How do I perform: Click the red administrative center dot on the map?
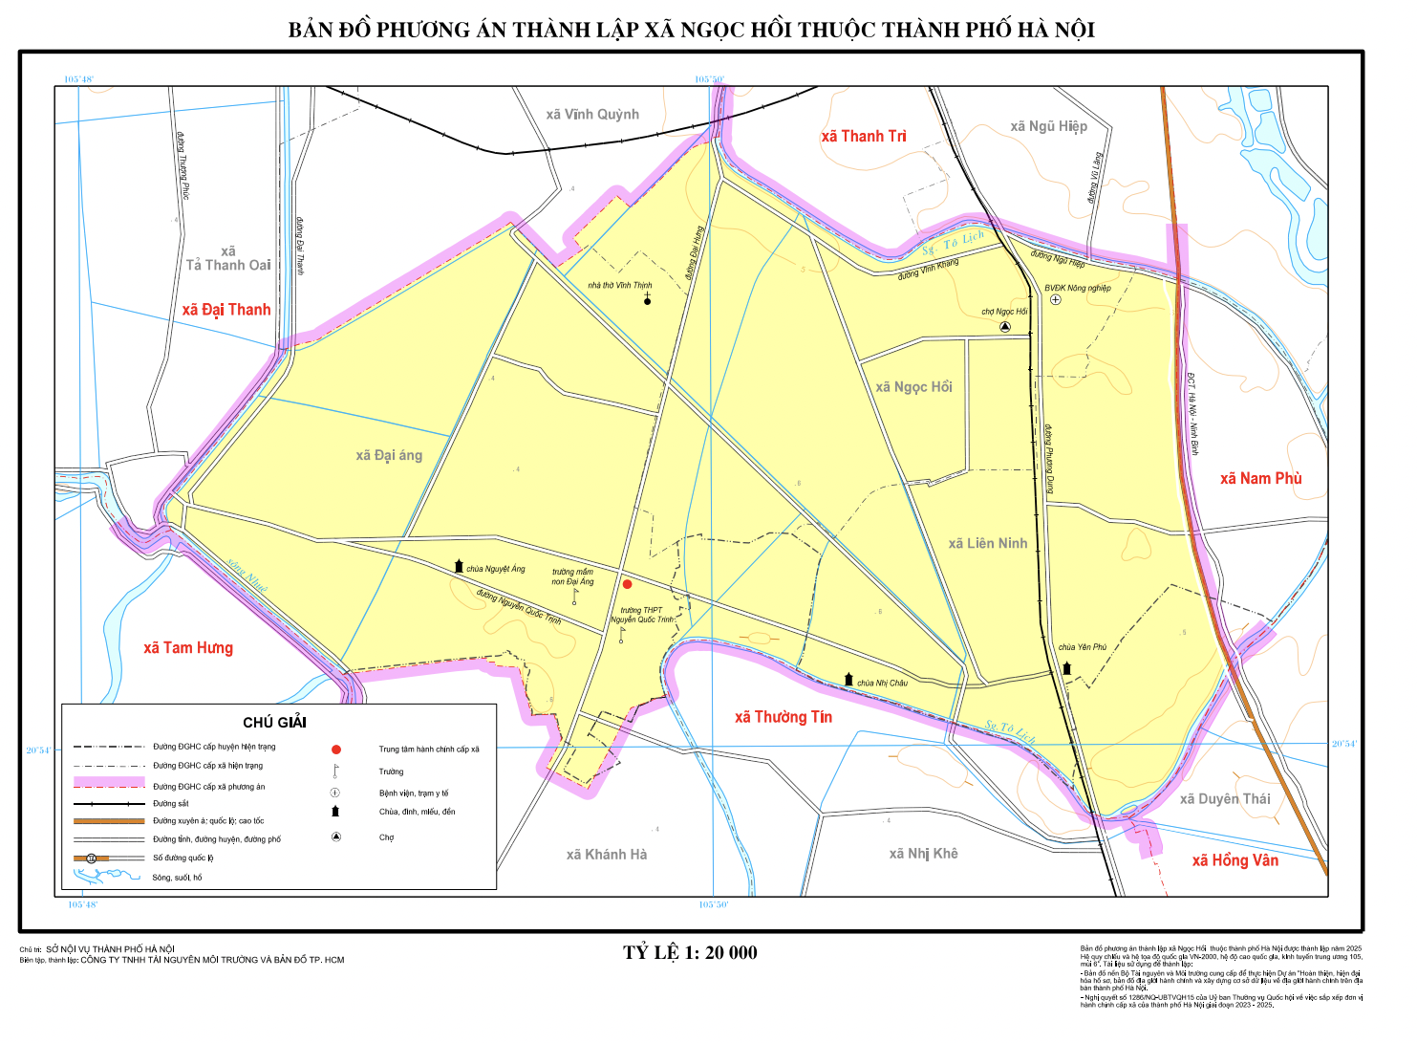click(x=627, y=584)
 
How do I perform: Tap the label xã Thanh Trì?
click(x=863, y=137)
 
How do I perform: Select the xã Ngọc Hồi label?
click(x=913, y=387)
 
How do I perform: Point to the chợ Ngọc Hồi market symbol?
click(x=1005, y=327)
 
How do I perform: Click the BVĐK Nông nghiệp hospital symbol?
click(x=1055, y=300)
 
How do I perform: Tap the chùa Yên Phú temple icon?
click(x=1067, y=668)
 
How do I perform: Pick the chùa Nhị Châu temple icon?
click(x=848, y=679)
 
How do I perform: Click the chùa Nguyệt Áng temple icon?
click(x=459, y=567)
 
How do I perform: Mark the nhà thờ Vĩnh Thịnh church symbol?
click(x=647, y=300)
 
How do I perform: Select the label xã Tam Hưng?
click(x=188, y=648)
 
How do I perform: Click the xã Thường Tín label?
click(x=783, y=717)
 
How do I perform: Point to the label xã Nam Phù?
click(x=1260, y=479)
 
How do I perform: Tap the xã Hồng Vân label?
click(x=1235, y=860)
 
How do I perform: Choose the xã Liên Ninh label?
click(x=987, y=544)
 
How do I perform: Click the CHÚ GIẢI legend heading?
click(x=274, y=723)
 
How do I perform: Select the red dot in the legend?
click(x=335, y=750)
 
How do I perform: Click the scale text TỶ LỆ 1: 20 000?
click(x=690, y=953)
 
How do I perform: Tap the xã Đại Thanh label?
click(x=226, y=310)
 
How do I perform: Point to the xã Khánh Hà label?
click(x=606, y=855)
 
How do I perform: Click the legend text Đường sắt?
click(x=171, y=804)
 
